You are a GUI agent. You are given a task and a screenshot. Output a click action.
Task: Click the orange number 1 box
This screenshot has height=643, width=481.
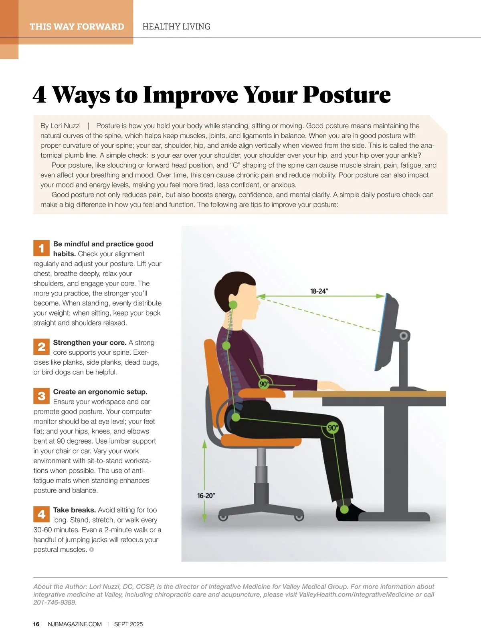41,248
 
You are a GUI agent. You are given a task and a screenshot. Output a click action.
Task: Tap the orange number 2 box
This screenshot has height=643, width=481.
41,347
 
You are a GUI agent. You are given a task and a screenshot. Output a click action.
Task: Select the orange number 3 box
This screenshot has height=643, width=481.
41,396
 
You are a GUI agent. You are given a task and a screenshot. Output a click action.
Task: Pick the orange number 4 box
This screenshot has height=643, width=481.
41,514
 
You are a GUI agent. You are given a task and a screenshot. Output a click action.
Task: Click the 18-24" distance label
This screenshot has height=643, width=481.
319,291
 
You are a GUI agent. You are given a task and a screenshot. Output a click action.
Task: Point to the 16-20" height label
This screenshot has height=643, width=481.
206,495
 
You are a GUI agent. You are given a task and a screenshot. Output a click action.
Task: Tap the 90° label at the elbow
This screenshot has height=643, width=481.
264,384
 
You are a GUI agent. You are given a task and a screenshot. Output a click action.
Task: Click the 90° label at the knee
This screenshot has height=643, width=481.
333,428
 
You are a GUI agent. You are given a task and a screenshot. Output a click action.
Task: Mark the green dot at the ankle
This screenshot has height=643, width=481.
344,509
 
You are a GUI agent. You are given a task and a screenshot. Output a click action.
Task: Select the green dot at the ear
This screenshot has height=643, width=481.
233,305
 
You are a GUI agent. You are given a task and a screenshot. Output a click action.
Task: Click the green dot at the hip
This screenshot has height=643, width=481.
236,417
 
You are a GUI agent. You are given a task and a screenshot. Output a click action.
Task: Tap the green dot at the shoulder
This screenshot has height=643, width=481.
226,346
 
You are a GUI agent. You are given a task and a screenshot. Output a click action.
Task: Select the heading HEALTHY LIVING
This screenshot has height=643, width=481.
176,27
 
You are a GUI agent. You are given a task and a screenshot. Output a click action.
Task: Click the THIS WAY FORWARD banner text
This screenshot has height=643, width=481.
77,27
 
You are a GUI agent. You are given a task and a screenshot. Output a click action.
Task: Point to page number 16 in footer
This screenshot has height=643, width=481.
36,624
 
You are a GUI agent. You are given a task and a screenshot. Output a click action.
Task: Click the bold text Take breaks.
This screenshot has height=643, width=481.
75,510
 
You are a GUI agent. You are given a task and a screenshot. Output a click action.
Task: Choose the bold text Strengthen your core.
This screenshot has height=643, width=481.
90,343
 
